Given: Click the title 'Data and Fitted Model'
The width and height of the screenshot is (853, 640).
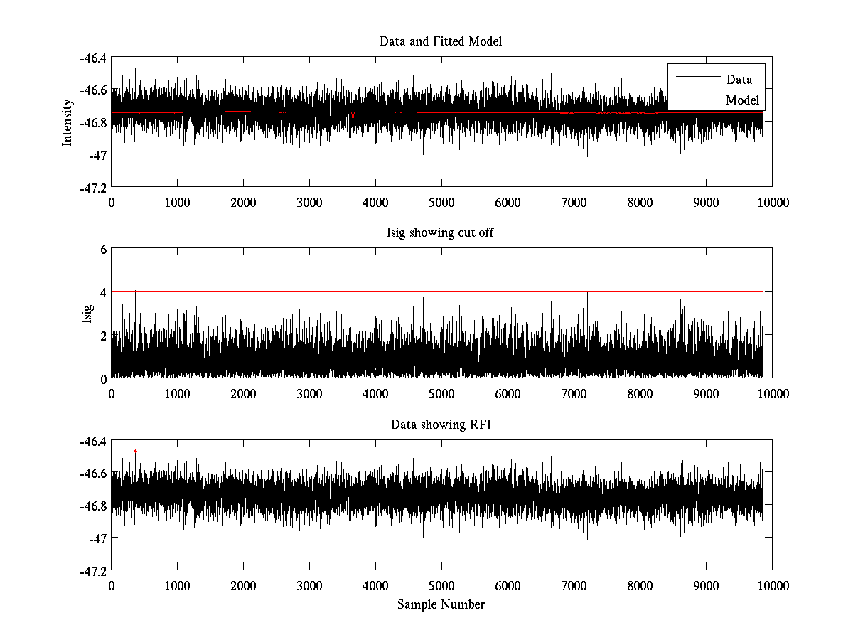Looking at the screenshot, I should pos(441,41).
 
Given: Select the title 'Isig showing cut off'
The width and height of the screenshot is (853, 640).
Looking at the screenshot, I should pos(441,233).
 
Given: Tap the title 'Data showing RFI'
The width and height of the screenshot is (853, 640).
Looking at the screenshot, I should pos(441,425).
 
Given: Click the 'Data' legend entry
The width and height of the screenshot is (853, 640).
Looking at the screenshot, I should pos(739,80).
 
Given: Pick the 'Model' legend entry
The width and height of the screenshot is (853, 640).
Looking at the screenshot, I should pos(742,100).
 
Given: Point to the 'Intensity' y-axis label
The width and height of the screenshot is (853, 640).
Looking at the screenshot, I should pos(68,122).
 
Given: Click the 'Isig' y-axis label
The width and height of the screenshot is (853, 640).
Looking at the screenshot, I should pos(87,314).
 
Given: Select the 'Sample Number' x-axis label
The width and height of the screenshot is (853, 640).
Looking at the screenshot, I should pos(441,604).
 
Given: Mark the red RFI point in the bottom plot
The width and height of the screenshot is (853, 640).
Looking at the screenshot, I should pos(135,451).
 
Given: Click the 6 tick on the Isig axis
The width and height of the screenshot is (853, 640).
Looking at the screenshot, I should pos(103,249).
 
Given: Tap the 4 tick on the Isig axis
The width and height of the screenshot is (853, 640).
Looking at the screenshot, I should pos(103,292).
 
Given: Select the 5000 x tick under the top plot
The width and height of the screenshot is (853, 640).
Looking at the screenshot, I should pos(441,202).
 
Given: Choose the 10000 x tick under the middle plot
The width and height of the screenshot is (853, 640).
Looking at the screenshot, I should pos(772,393).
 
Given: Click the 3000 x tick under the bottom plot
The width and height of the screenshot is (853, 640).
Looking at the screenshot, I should pos(309,585).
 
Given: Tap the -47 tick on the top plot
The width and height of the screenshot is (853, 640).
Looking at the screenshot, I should pos(97,154).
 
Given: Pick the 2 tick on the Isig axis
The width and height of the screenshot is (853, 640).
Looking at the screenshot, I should pos(103,335).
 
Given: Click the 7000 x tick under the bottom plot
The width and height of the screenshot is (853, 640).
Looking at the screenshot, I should pos(574,585).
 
